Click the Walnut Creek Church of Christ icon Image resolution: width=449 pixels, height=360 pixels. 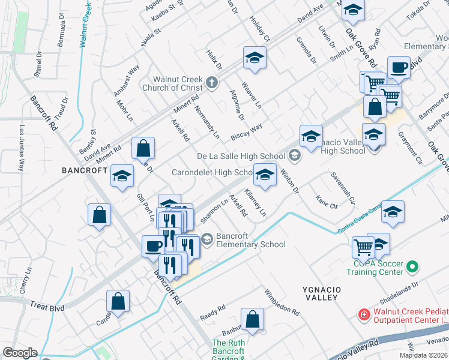(211, 82)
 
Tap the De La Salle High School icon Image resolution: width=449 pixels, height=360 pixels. (294, 156)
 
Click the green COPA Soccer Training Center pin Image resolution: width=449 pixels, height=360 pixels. (412, 266)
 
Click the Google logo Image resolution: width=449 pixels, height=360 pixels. (20, 352)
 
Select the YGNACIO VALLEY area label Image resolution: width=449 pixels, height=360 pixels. (322, 295)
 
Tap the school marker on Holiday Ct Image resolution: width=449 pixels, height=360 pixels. (255, 58)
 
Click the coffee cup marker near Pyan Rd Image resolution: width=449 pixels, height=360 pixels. (399, 67)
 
